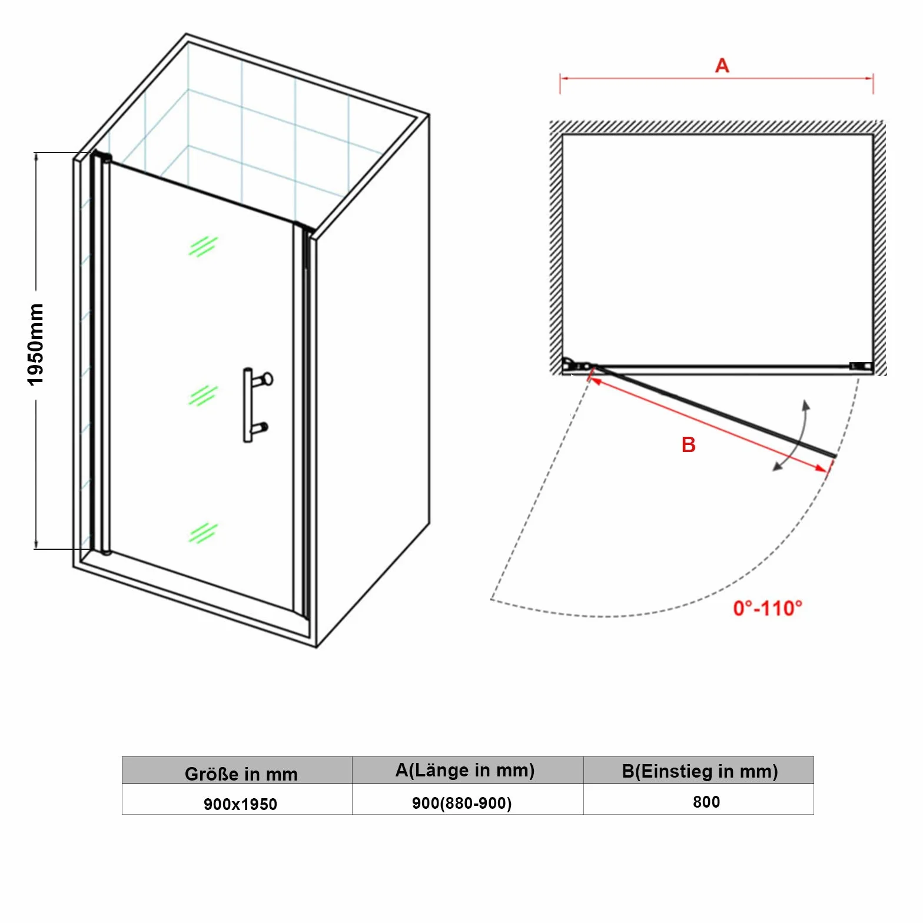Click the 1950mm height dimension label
click(36, 345)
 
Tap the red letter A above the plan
click(722, 65)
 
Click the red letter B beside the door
click(689, 445)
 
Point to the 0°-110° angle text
click(768, 608)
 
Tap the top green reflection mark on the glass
click(203, 246)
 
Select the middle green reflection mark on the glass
click(203, 396)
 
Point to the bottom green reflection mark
click(203, 533)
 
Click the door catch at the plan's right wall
click(861, 366)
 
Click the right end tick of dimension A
click(873, 83)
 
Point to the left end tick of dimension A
click(560, 83)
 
